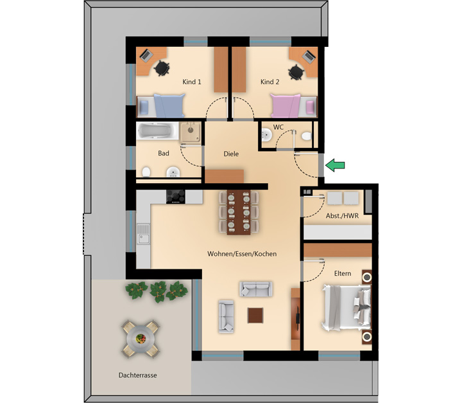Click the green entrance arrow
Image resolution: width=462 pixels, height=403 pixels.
(x=335, y=165)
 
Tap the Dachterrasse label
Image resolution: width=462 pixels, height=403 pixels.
(x=137, y=375)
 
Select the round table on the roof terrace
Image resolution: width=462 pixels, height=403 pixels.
(x=141, y=339)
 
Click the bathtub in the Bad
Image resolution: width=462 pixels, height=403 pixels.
(x=157, y=130)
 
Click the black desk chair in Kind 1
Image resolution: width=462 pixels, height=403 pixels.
(x=162, y=68)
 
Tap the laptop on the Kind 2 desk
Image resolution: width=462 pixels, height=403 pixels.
(x=309, y=57)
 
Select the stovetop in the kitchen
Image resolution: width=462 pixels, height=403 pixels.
(x=176, y=197)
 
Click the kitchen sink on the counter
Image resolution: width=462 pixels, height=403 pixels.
(x=144, y=234)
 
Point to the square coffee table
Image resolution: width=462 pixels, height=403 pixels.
(x=255, y=316)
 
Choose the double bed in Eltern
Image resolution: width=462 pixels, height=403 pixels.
(x=346, y=307)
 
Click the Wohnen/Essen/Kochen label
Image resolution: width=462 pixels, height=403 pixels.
(x=242, y=254)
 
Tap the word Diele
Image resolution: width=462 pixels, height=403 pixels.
(x=231, y=154)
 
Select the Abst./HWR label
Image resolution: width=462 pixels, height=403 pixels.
(x=342, y=216)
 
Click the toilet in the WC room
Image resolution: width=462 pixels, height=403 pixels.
(x=307, y=136)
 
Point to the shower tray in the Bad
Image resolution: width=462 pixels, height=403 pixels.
(x=191, y=132)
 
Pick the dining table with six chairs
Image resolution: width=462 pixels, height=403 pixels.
(x=239, y=212)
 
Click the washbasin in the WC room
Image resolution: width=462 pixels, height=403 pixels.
(x=267, y=135)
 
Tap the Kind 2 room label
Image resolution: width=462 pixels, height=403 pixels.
(x=269, y=82)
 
